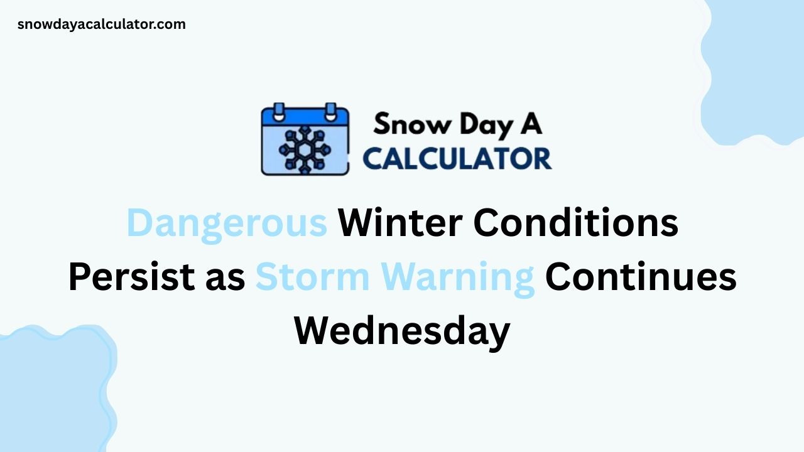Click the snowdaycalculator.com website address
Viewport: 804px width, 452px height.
pos(101,24)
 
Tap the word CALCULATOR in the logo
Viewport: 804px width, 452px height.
pos(457,158)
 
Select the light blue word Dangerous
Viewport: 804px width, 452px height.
pos(227,222)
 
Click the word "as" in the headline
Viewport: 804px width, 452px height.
pos(224,277)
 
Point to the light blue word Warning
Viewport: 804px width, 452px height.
pos(453,277)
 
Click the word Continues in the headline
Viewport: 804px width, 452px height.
pos(641,277)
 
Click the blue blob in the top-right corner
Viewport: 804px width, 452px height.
pos(757,69)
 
